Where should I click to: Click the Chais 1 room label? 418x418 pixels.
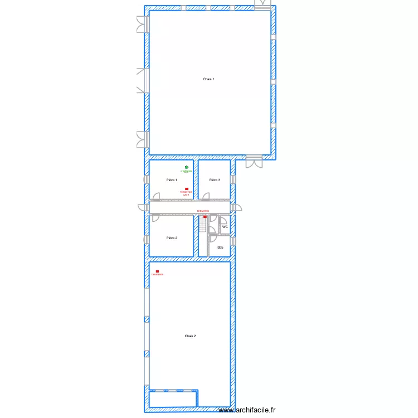point(208,79)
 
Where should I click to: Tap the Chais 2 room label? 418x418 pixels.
point(190,336)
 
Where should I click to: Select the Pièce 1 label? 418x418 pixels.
point(172,180)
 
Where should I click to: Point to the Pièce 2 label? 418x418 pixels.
point(172,238)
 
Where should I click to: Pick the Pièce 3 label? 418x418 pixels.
point(215,180)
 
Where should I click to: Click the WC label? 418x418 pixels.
point(225,227)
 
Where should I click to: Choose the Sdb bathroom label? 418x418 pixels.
point(220,247)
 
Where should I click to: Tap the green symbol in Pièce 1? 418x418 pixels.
point(186,167)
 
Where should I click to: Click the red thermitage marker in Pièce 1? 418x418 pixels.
point(186,189)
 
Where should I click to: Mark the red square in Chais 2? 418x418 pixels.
point(157,271)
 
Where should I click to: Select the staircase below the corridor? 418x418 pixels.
point(202,226)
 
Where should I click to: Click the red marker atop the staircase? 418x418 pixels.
point(205,216)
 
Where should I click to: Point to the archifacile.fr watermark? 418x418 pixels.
point(247,410)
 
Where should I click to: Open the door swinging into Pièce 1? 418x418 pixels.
point(157,196)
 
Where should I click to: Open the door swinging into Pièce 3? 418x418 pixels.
point(206,196)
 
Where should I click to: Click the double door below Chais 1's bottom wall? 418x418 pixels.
point(254,162)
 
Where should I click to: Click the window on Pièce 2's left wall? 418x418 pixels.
point(146,240)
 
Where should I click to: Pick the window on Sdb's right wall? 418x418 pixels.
point(234,241)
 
